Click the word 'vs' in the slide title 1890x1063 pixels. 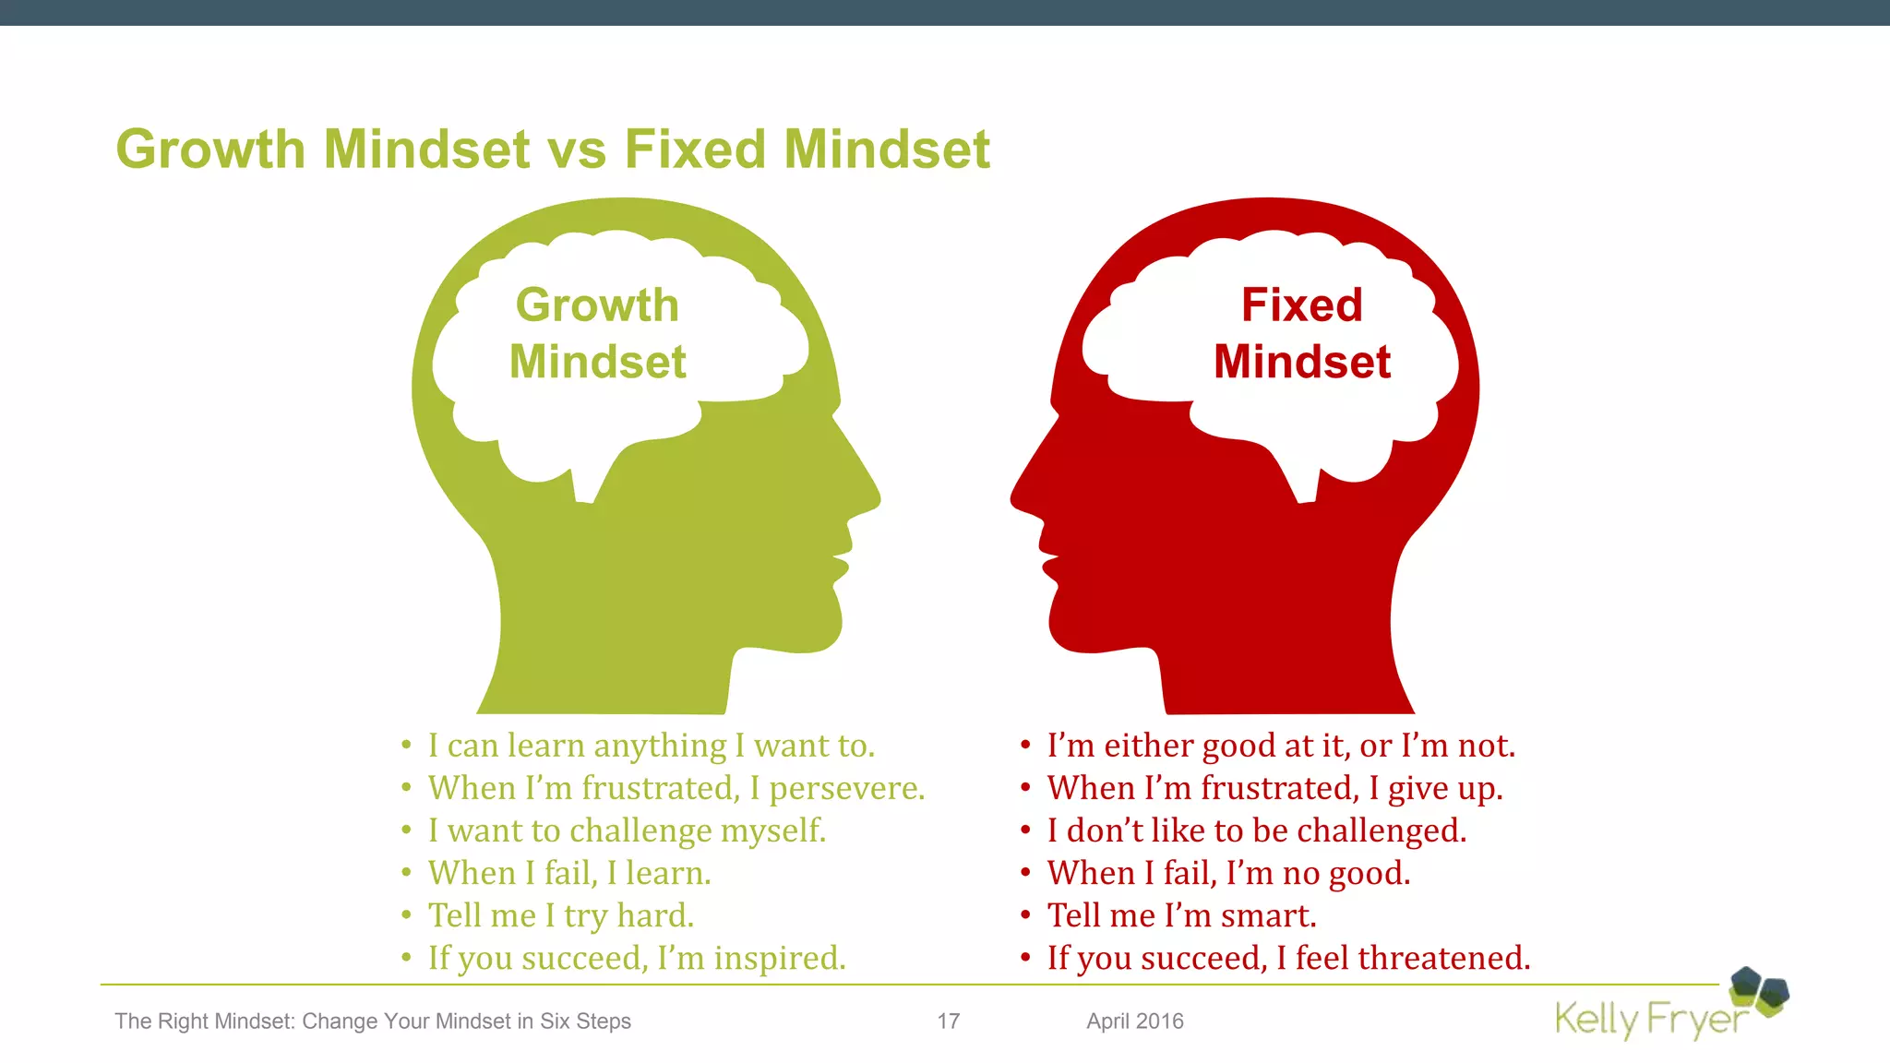pos(580,150)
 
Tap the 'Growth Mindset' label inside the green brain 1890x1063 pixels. pos(598,333)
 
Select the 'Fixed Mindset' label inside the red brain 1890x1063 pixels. pos(1301,333)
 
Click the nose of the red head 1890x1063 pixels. pos(1023,498)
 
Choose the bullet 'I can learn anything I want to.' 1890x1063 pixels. pos(651,746)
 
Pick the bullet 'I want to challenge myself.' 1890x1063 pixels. pos(627,830)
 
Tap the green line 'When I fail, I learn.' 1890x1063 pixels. pos(569,873)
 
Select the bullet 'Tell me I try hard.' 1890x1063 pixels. pos(560,915)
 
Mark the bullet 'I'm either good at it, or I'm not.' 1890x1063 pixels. pos(1281,746)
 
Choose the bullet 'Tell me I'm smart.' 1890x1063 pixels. pos(1181,915)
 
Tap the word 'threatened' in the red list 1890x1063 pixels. pos(1442,958)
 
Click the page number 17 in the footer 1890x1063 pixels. pos(949,1021)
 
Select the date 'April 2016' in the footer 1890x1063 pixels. pos(1134,1021)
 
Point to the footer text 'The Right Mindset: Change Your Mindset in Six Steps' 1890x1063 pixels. pos(373,1021)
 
